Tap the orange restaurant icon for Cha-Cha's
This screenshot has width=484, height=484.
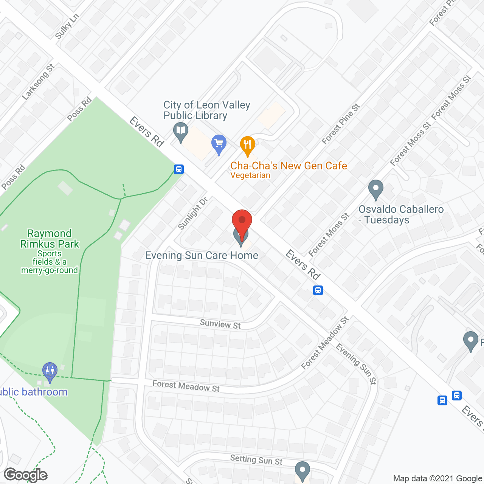(248, 145)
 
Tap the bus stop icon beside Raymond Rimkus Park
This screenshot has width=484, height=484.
(179, 169)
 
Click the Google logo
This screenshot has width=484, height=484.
(26, 475)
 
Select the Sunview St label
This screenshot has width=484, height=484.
(220, 324)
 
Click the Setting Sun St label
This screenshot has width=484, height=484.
(256, 460)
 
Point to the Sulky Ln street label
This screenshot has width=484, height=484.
(67, 26)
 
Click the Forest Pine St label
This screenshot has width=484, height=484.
(341, 124)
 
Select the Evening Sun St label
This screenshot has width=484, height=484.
(356, 364)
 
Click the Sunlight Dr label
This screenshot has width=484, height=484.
(192, 213)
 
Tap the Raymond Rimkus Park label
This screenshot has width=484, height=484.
(50, 239)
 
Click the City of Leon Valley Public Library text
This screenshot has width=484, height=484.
(206, 110)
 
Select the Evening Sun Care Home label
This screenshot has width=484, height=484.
(202, 256)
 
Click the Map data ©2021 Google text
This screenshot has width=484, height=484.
(437, 479)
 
